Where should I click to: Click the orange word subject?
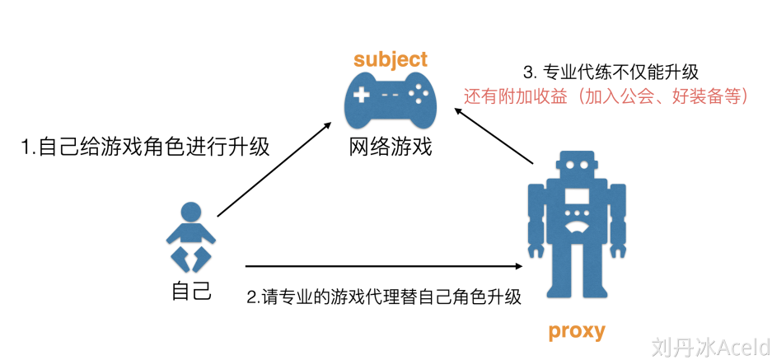click(391, 59)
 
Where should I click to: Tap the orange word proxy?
click(577, 332)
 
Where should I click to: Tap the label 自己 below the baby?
click(192, 290)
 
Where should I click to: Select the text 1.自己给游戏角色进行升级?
click(146, 147)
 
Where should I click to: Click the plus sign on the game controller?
click(361, 96)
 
